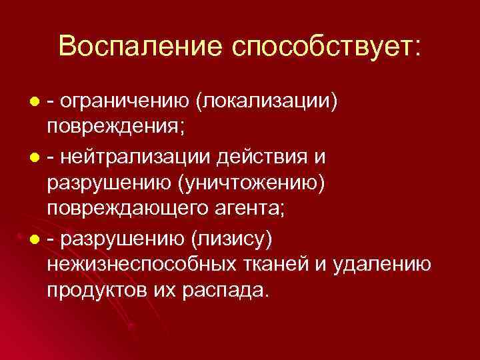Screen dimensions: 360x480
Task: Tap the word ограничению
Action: (x=124, y=101)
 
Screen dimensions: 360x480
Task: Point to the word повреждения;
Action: (x=107, y=127)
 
